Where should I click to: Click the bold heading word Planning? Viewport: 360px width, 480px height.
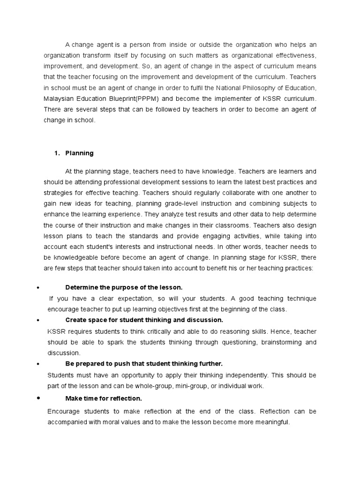tap(79, 153)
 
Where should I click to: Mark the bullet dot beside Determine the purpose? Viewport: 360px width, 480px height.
tap(37, 287)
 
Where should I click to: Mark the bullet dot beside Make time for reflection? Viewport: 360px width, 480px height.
tap(37, 398)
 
